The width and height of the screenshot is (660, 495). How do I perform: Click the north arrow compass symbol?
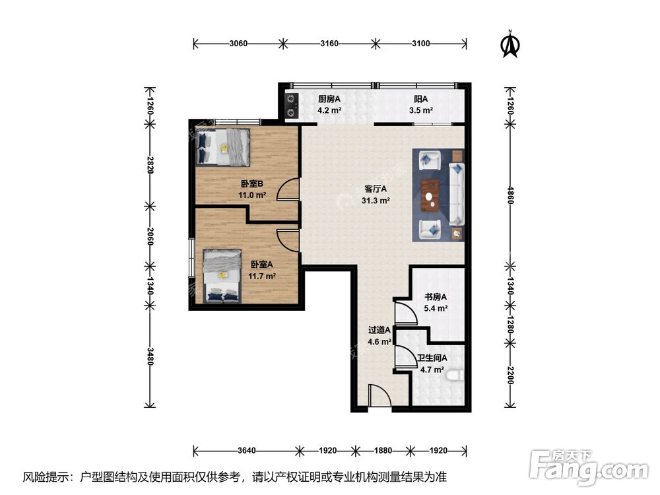(x=510, y=44)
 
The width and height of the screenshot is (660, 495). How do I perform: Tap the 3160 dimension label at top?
(x=329, y=44)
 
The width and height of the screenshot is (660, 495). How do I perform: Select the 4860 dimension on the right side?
(x=510, y=195)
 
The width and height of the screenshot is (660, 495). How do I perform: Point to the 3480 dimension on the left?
(x=150, y=356)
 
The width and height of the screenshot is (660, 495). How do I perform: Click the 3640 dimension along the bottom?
(x=246, y=451)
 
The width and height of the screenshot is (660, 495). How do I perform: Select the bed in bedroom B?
(x=223, y=147)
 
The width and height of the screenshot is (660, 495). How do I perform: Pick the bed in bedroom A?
(x=222, y=276)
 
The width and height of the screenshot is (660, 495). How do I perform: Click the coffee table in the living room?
(x=430, y=195)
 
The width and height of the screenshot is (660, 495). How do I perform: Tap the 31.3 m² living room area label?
(x=376, y=201)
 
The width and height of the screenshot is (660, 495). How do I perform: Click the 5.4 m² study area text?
(x=436, y=308)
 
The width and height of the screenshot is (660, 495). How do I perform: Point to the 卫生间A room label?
(x=432, y=358)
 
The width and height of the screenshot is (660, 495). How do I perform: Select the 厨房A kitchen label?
(x=329, y=100)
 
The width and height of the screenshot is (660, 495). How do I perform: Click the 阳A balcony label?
(x=421, y=100)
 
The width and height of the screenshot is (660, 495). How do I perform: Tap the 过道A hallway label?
(x=379, y=331)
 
